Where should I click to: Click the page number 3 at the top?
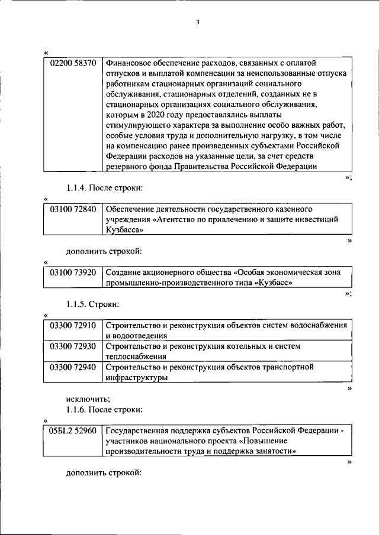coord(198,23)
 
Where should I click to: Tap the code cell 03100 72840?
coord(73,209)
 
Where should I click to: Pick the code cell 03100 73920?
coord(73,272)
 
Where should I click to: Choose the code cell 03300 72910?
coord(73,326)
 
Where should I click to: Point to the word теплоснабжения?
coord(136,356)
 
